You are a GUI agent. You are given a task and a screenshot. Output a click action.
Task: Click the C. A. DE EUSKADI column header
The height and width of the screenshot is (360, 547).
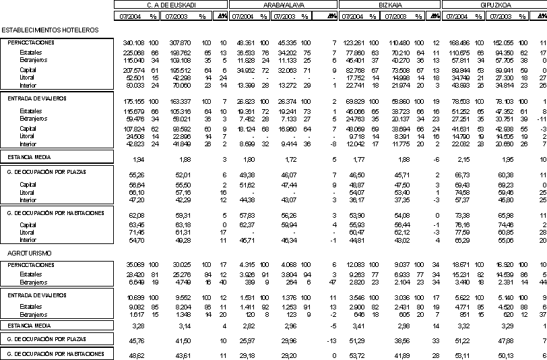pos(171,5)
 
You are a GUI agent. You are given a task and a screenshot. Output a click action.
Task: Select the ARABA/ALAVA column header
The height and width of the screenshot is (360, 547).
pos(283,5)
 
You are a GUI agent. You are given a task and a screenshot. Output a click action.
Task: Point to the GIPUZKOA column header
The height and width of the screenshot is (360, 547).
pos(494,5)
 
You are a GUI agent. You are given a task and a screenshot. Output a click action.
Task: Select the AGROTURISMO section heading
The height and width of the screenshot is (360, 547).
pos(26,253)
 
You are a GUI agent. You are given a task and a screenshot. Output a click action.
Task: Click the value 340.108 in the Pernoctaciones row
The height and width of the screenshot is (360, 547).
pos(134,42)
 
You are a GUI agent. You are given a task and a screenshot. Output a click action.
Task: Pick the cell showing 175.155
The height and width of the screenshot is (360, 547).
pos(134,100)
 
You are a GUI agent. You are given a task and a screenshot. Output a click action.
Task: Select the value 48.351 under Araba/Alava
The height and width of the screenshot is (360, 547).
pos(243,42)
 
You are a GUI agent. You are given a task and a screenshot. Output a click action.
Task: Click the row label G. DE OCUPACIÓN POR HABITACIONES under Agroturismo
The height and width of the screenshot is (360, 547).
pos(55,354)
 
